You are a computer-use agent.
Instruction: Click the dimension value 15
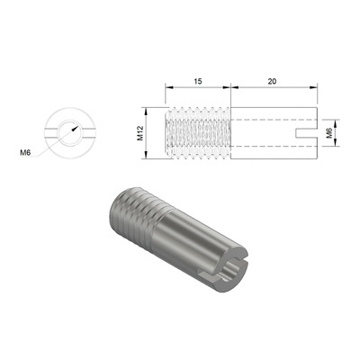(198, 81)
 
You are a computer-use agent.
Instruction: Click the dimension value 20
(272, 81)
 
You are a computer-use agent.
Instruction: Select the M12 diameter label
(140, 133)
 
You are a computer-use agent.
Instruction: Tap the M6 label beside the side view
(329, 133)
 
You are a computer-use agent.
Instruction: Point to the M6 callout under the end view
(25, 153)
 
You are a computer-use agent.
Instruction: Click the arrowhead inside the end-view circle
(75, 129)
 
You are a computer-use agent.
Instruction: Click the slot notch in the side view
(307, 133)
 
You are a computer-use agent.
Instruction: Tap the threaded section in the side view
(198, 133)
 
